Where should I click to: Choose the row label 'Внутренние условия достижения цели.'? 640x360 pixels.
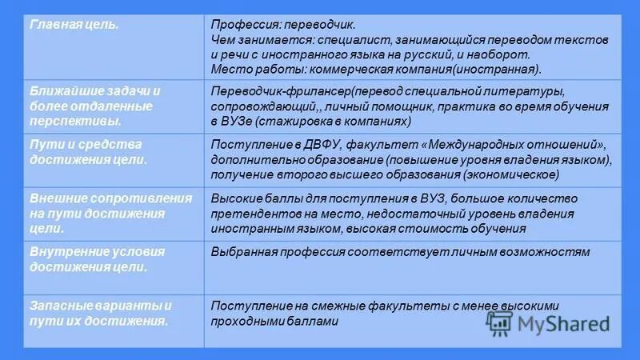pyautogui.click(x=97, y=259)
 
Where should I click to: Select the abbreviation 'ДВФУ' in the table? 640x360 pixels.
pyautogui.click(x=313, y=144)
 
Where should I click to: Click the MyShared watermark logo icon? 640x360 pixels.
pyautogui.click(x=500, y=324)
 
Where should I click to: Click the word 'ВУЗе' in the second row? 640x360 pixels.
pyautogui.click(x=228, y=121)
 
